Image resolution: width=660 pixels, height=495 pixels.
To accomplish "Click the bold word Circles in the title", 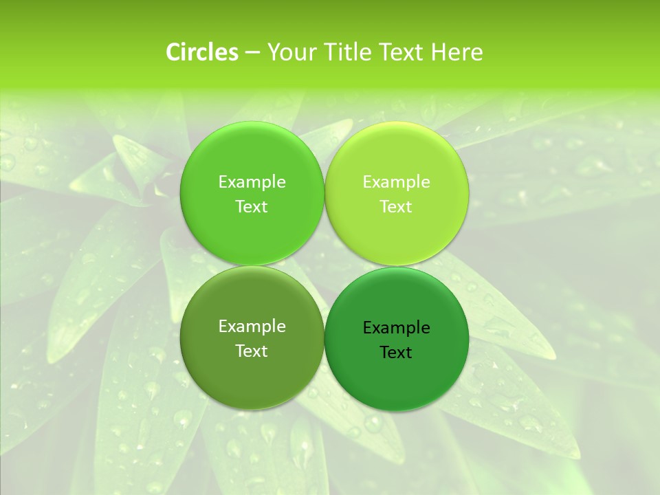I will click(x=201, y=52).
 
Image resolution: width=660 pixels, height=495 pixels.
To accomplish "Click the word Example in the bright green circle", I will click(x=252, y=182).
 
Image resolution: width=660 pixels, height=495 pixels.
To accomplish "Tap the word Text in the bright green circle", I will click(x=252, y=207).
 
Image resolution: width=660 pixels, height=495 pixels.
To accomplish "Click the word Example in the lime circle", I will click(x=397, y=182).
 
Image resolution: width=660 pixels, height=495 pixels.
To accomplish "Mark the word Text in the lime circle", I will click(x=397, y=207).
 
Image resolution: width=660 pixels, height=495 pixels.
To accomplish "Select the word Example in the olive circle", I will click(x=252, y=327).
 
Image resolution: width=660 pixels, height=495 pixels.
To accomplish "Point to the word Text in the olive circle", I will click(x=252, y=351).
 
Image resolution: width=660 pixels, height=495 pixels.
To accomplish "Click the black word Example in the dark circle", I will click(x=397, y=328).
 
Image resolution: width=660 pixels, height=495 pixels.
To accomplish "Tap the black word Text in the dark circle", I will click(x=397, y=353).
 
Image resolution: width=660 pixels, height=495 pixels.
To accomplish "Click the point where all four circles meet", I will click(x=324, y=266).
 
